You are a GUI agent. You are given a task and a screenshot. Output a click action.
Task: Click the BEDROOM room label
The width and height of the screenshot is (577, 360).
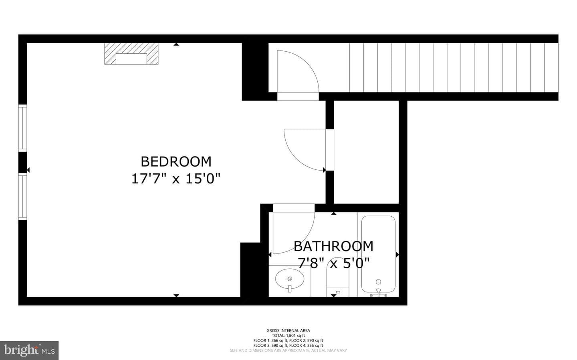(176, 162)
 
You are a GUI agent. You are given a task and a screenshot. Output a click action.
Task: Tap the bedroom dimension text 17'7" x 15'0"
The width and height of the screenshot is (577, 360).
(176, 179)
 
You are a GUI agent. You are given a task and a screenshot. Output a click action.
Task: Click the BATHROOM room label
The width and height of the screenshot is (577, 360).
(333, 246)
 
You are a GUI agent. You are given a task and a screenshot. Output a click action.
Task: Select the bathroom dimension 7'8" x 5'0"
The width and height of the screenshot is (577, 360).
(333, 263)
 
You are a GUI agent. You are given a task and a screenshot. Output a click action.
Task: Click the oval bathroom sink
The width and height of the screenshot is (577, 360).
(290, 279)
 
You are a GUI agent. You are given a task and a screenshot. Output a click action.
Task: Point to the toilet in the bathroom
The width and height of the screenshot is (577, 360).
(337, 278)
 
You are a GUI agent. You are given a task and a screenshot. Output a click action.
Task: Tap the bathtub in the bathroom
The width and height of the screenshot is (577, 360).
(378, 254)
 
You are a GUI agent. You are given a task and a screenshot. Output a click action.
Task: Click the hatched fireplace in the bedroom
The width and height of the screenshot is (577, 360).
(131, 54)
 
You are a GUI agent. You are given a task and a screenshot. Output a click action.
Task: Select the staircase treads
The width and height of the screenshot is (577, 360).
(454, 67)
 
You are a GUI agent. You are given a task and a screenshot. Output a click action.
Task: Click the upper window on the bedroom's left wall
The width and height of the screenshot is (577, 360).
(23, 128)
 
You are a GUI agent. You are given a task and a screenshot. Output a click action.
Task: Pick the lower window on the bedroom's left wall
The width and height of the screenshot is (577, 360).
(23, 196)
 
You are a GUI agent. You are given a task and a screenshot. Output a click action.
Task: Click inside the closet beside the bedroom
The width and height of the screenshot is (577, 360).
(366, 152)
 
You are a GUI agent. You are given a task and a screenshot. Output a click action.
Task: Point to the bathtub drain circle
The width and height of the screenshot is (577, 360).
(378, 282)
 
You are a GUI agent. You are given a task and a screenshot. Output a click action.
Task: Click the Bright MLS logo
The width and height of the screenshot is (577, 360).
(29, 350)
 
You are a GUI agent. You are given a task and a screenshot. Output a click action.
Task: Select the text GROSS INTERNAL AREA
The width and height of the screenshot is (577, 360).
(288, 330)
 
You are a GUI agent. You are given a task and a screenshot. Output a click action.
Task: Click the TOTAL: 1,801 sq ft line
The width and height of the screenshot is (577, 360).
(288, 335)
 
